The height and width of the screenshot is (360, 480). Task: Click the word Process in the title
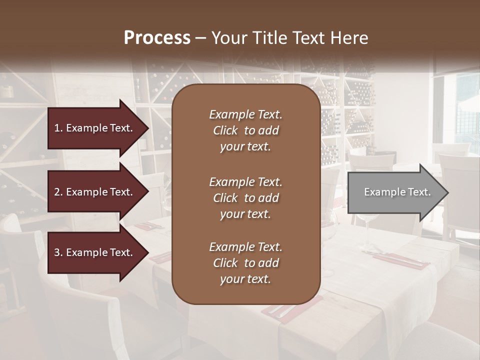(157, 37)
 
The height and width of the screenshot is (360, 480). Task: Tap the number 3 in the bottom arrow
(57, 252)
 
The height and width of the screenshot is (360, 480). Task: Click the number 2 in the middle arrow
(57, 192)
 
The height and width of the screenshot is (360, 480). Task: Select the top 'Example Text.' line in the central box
(245, 114)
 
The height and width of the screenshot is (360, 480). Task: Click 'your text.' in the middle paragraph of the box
(245, 214)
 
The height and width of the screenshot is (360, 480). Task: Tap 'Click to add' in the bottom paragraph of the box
(245, 263)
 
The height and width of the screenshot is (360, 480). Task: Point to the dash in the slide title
(201, 38)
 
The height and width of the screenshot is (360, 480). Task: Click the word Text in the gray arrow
(418, 192)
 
